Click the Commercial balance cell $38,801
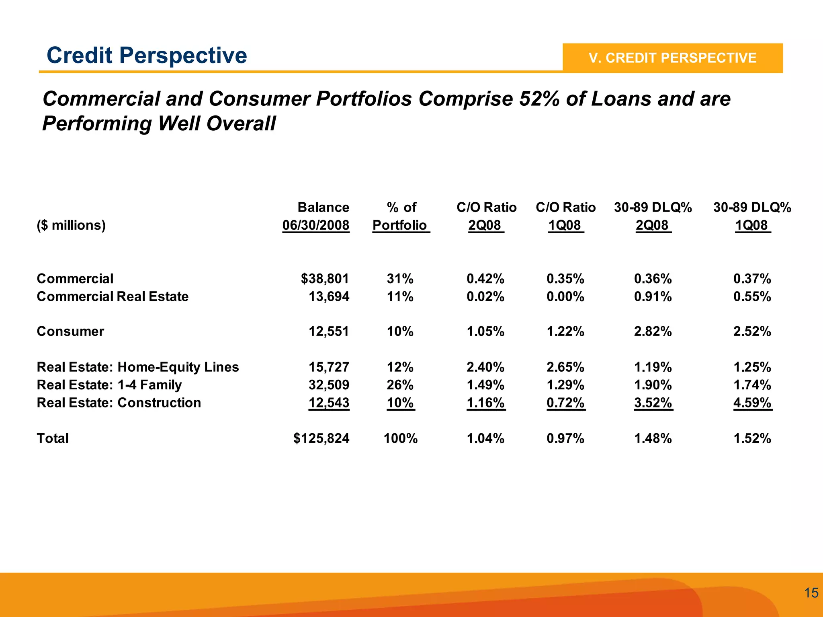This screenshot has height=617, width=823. tap(325, 279)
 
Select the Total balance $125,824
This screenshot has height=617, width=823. tap(321, 438)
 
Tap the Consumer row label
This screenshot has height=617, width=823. tap(70, 331)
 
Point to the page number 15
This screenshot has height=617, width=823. tap(811, 593)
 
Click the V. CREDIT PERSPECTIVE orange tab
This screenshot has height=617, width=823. tap(672, 58)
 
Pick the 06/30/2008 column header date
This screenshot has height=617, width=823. tap(316, 225)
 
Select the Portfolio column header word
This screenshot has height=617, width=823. tap(400, 225)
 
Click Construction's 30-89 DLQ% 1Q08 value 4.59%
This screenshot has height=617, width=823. tap(752, 403)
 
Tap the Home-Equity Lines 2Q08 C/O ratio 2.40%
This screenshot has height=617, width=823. tap(485, 367)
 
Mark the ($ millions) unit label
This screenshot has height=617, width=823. tap(71, 225)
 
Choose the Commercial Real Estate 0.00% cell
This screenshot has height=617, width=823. tap(565, 297)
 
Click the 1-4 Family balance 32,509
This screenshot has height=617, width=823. tap(329, 385)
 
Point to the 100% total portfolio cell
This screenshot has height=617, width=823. tap(400, 438)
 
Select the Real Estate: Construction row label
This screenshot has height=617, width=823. tap(119, 403)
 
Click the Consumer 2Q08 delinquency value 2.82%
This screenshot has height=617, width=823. tap(653, 331)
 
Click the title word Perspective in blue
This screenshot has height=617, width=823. tap(183, 55)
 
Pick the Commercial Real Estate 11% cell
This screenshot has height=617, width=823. tap(400, 297)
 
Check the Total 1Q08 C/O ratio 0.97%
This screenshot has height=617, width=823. tap(565, 438)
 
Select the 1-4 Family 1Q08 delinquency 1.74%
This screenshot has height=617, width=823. tap(752, 385)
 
